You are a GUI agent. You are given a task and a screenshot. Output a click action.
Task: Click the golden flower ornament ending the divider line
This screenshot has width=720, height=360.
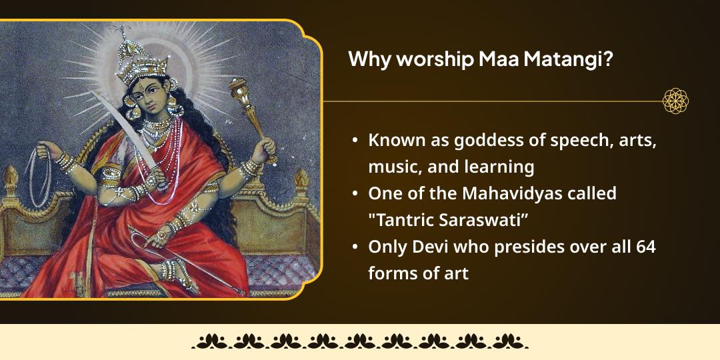(x=675, y=101)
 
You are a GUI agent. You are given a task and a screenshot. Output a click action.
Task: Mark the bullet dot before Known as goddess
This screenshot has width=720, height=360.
(x=356, y=141)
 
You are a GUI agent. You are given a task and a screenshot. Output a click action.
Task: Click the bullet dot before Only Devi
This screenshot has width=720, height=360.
(x=356, y=247)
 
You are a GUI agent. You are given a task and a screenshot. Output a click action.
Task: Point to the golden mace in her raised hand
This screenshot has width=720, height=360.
(x=247, y=113)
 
